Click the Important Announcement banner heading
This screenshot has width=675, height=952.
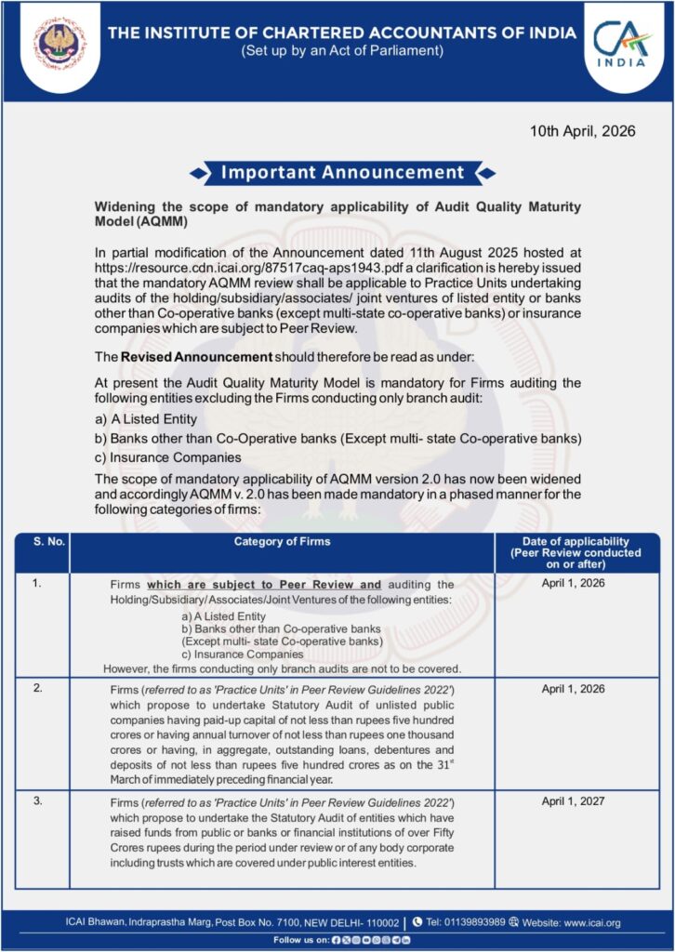click(341, 172)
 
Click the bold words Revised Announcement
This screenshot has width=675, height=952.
click(196, 357)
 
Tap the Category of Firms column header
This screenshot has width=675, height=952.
click(282, 542)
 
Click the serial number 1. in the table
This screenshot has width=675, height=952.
click(37, 584)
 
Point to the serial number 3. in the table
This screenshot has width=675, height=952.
click(37, 801)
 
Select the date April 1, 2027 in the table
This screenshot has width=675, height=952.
click(575, 801)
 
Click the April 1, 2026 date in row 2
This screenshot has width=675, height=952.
click(575, 690)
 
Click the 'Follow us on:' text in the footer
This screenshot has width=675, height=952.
click(301, 940)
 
